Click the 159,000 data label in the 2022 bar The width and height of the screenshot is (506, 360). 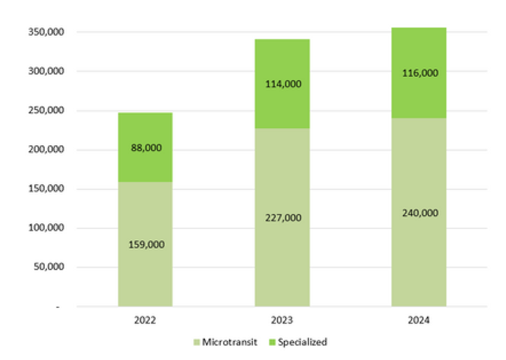[x=145, y=244]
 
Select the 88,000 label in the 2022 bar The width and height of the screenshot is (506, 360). [x=145, y=148]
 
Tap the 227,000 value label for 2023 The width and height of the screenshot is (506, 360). [x=282, y=218]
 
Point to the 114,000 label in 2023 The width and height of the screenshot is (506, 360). [x=282, y=84]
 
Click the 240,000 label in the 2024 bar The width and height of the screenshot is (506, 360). [x=419, y=212]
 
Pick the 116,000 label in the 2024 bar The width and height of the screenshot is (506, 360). [x=419, y=73]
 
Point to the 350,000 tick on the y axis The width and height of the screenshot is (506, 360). [x=44, y=32]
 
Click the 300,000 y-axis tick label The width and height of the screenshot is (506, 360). [x=44, y=71]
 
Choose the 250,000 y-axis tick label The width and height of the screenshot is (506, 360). [x=44, y=111]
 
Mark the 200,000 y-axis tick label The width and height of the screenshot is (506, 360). [x=44, y=150]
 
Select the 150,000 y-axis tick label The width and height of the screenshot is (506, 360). [x=44, y=189]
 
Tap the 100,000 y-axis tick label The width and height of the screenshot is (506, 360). [x=44, y=228]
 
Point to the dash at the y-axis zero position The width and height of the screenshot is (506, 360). [x=58, y=307]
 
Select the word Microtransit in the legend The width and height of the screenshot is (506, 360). [x=230, y=342]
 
